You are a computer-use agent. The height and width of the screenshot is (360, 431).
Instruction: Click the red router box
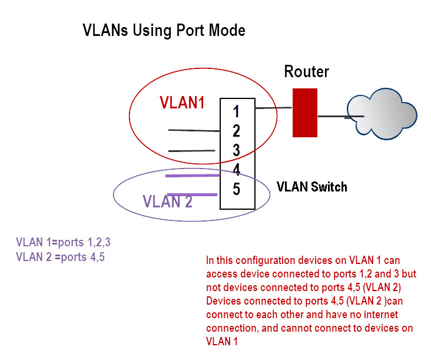click(x=305, y=113)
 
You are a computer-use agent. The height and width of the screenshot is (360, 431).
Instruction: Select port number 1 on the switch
click(x=236, y=111)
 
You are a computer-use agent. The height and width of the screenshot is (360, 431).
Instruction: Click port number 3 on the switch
click(x=236, y=150)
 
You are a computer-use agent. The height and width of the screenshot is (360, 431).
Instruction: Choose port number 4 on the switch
click(x=236, y=170)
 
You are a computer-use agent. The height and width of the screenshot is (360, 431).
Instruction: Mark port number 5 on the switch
click(x=236, y=190)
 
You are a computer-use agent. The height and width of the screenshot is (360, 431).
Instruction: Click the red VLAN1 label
click(x=182, y=103)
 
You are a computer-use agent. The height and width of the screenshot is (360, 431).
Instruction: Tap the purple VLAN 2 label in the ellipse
click(x=167, y=202)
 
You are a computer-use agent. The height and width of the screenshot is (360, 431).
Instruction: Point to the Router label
click(x=306, y=72)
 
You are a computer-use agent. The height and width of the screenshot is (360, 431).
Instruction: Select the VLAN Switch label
click(x=311, y=187)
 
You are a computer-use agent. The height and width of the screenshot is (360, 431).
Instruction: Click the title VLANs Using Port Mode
click(x=164, y=31)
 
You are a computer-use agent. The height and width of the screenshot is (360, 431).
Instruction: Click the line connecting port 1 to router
click(x=274, y=108)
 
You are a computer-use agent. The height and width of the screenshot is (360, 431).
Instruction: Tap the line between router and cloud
click(x=333, y=116)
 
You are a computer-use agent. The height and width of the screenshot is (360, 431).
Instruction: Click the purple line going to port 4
click(x=193, y=176)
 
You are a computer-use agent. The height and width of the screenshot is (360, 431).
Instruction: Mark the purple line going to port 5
click(x=193, y=194)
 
